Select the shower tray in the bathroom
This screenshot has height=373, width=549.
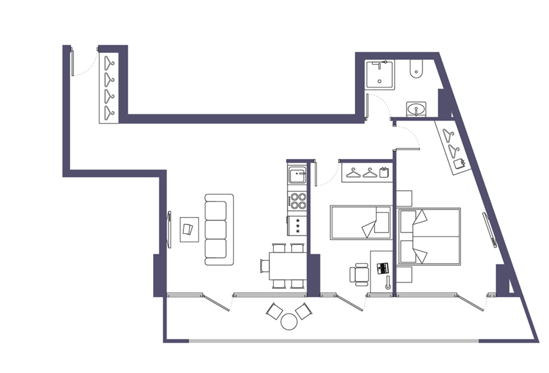point(379,75)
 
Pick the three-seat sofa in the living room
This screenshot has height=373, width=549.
point(218,229)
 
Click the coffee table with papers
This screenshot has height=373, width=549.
point(189,229)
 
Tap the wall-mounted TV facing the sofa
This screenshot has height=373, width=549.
point(169,229)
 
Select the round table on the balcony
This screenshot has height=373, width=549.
point(290,322)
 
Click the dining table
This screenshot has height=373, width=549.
point(287,266)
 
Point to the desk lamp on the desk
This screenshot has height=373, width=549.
point(388,283)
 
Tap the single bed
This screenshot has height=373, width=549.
point(360,223)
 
